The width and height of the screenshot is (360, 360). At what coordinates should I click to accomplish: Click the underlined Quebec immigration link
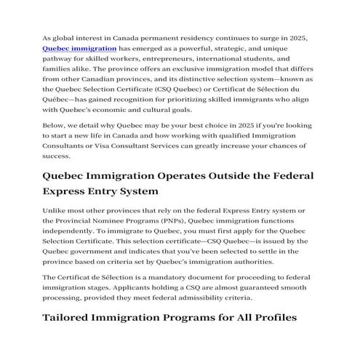(80, 47)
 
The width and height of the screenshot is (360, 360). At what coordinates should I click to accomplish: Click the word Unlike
(56, 211)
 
